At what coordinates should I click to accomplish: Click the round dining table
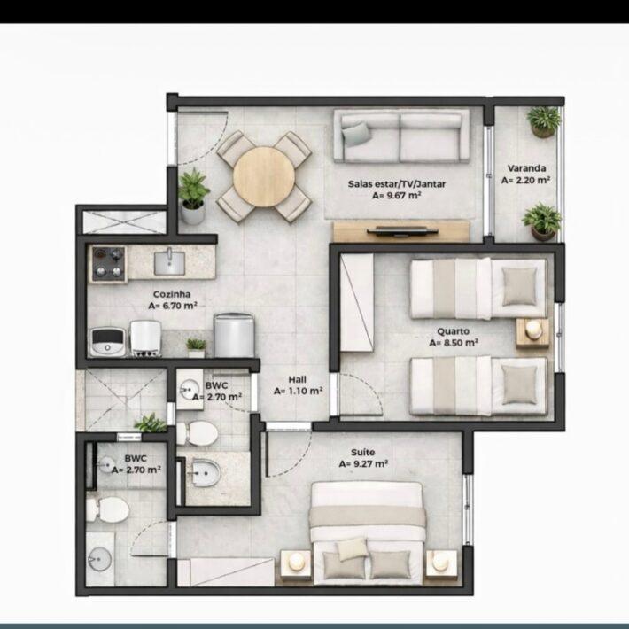[x=264, y=177]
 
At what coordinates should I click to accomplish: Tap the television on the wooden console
[x=402, y=230]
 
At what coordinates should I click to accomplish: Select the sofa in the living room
[x=401, y=136]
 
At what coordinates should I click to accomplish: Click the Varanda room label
[x=526, y=168]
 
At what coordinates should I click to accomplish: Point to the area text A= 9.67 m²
[x=396, y=196]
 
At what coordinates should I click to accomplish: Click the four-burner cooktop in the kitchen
[x=108, y=263]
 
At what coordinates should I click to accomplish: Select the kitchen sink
[x=170, y=262]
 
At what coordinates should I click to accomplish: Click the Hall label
[x=298, y=379]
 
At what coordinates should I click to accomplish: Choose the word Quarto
[x=453, y=331]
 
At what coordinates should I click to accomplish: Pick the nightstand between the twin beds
[x=532, y=332]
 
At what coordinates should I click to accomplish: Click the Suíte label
[x=363, y=452]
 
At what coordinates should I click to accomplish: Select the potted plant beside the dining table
[x=193, y=196]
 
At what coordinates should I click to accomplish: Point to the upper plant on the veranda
[x=544, y=121]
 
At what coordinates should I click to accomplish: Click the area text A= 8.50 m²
[x=454, y=343]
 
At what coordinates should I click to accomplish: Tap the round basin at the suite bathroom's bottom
[x=100, y=559]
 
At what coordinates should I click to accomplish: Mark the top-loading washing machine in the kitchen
[x=234, y=336]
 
